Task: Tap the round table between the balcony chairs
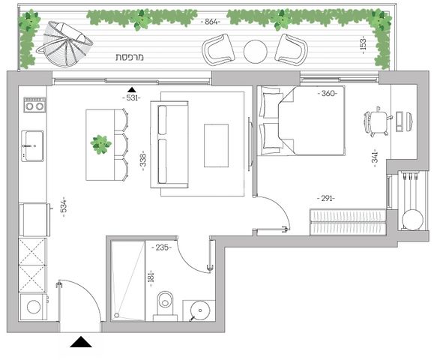click(255, 52)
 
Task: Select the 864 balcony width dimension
click(211, 22)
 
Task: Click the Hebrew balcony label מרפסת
click(130, 57)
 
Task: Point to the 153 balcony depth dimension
click(364, 44)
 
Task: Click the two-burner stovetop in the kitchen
click(34, 104)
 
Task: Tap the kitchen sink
click(32, 145)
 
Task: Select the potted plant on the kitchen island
click(100, 145)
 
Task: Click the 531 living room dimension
click(131, 98)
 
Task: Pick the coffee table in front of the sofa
click(216, 145)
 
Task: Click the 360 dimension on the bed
click(328, 93)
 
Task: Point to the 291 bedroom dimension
click(326, 198)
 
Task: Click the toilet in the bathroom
click(165, 306)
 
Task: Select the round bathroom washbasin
click(200, 310)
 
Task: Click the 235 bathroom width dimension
click(162, 247)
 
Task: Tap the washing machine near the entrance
click(33, 307)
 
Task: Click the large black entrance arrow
click(81, 342)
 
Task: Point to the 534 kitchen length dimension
click(64, 207)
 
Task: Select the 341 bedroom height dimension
click(375, 158)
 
